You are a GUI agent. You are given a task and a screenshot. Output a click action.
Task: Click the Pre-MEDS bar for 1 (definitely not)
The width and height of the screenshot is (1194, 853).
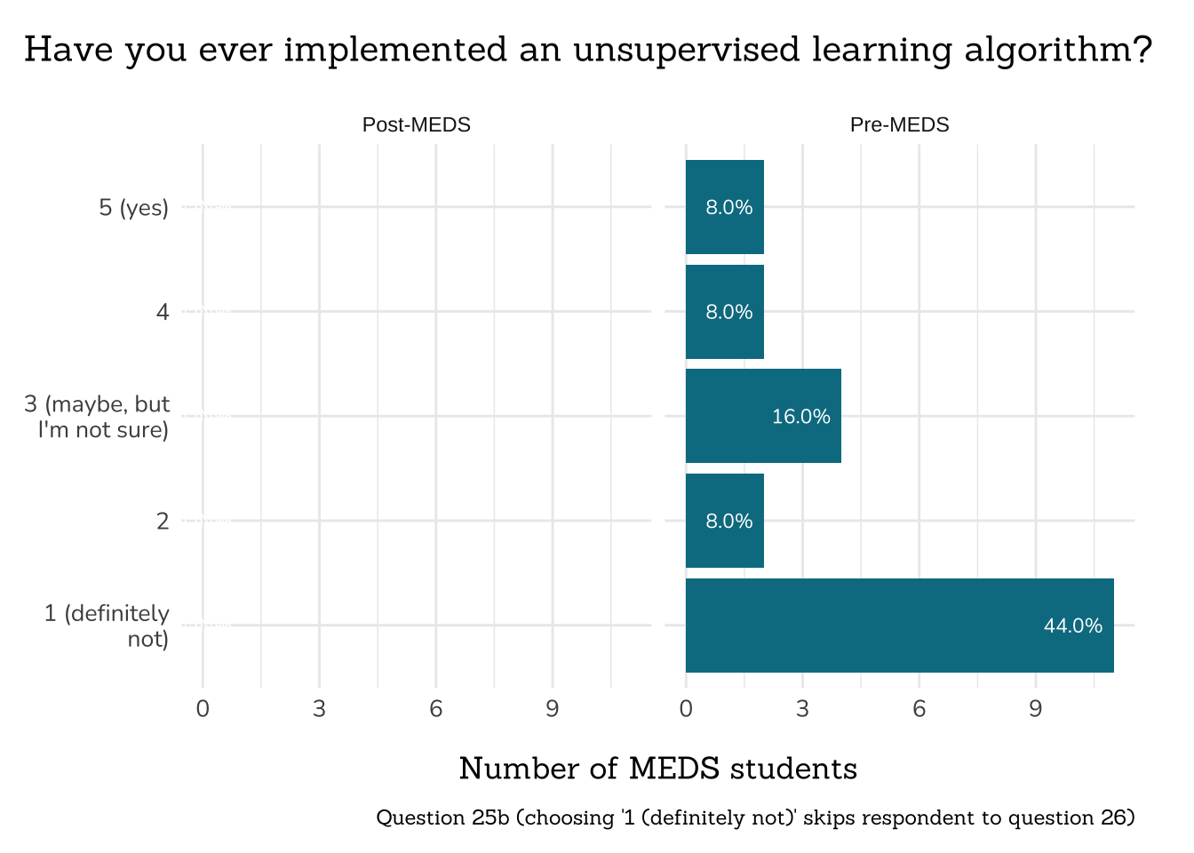click(x=899, y=626)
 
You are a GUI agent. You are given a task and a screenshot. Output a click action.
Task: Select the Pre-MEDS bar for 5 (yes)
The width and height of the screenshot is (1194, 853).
click(x=724, y=207)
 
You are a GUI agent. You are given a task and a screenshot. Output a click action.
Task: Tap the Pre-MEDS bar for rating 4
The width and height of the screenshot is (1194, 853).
click(x=724, y=312)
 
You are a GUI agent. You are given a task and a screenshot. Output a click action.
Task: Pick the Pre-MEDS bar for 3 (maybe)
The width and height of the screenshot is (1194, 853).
click(x=762, y=416)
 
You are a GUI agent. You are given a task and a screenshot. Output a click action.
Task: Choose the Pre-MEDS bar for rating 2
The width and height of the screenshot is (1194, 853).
click(x=724, y=521)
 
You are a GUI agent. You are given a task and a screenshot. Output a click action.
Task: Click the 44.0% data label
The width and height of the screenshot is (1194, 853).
click(x=1072, y=626)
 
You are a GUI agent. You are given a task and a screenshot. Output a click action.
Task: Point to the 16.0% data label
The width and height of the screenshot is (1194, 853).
click(x=800, y=417)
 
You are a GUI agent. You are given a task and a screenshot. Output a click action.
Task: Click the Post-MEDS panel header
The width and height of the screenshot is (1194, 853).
click(x=416, y=125)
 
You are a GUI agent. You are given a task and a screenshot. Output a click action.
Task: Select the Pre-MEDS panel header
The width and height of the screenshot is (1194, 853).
click(x=899, y=125)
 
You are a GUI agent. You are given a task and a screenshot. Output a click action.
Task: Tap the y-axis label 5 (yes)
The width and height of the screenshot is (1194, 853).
click(x=133, y=208)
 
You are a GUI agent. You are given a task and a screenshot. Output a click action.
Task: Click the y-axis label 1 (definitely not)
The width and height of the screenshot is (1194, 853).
click(x=107, y=626)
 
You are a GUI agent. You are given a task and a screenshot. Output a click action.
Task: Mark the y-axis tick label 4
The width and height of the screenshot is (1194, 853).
click(x=162, y=312)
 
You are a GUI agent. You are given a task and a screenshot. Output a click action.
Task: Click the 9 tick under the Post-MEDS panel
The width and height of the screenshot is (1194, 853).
click(x=552, y=709)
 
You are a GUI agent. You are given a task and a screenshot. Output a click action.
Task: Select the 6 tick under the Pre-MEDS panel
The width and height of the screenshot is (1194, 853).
click(x=919, y=709)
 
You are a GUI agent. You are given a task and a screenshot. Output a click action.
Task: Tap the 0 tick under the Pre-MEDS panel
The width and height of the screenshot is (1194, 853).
click(x=686, y=709)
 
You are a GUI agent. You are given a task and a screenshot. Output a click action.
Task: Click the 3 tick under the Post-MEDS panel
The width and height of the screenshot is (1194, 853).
click(x=319, y=709)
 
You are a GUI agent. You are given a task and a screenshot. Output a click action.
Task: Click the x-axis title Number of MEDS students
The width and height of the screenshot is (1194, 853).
click(x=657, y=769)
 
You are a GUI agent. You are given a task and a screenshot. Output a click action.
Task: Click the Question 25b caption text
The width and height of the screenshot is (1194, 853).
click(x=755, y=817)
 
